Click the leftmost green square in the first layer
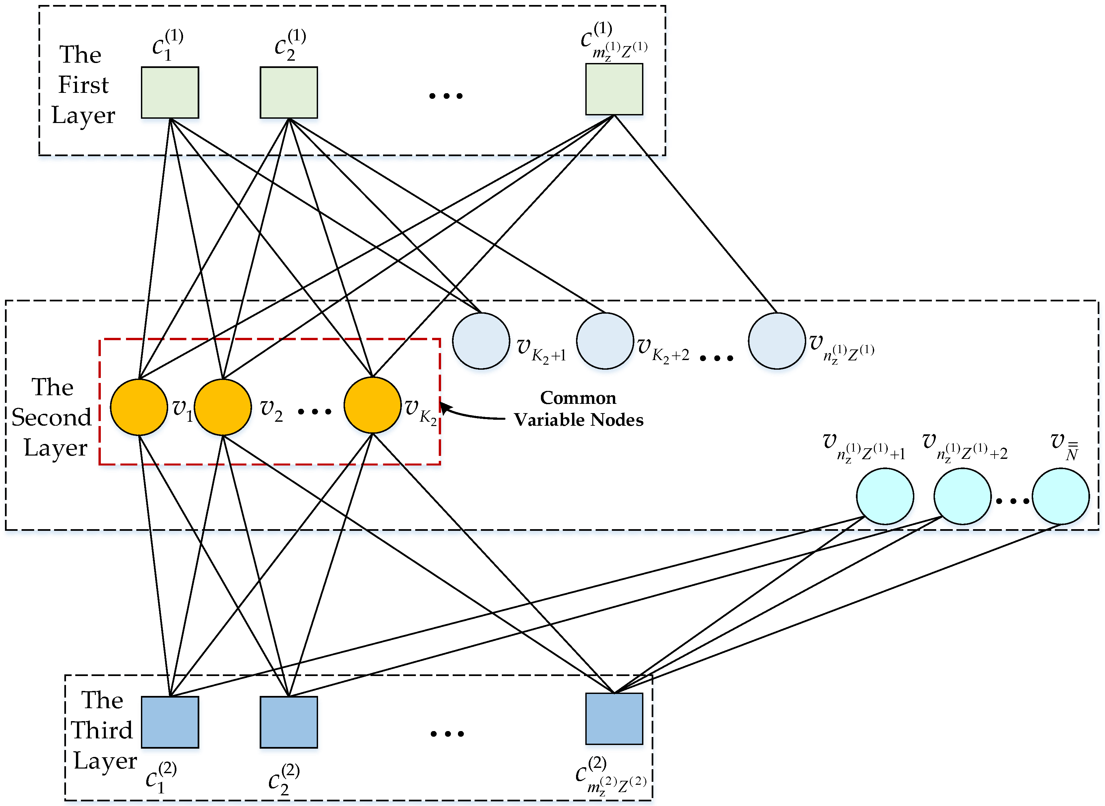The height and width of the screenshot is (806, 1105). point(170,93)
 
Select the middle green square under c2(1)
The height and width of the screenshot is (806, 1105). point(289,93)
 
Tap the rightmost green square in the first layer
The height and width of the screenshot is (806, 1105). point(614,90)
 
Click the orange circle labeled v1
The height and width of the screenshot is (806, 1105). point(139,407)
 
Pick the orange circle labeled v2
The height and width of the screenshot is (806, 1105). point(223,407)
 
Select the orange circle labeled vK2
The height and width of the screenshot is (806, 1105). point(372,405)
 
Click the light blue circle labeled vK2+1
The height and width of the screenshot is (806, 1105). point(481,341)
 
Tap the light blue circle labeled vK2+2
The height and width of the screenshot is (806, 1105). point(605,341)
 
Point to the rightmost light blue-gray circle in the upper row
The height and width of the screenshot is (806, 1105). point(777,341)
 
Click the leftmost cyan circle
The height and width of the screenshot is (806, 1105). point(885,496)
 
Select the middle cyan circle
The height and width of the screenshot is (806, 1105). point(962,496)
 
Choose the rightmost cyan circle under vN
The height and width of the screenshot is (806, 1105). point(1061,496)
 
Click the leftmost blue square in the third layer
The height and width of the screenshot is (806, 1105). point(170,722)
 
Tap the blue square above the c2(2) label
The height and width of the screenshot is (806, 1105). point(289,722)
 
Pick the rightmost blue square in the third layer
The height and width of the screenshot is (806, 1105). point(614,719)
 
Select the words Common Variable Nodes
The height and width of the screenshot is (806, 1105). point(578,409)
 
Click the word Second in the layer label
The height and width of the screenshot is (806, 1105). point(51,418)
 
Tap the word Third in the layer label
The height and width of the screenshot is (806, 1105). point(102,730)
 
